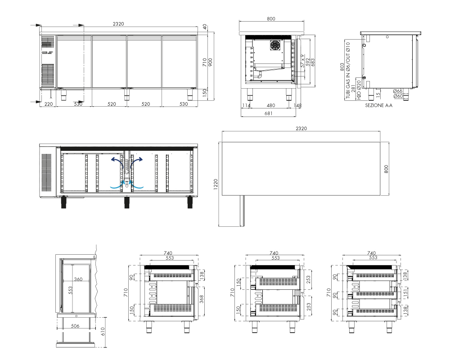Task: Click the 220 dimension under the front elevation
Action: coord(49,104)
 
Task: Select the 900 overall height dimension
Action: coord(210,62)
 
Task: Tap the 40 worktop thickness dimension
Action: coord(205,27)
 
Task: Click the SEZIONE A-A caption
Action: coord(378,105)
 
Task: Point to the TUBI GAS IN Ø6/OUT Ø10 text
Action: coord(348,70)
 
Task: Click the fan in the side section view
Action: coord(274,45)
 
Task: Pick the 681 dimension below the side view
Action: coord(268,113)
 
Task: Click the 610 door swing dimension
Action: coord(103,331)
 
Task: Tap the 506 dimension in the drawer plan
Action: coord(75,326)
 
